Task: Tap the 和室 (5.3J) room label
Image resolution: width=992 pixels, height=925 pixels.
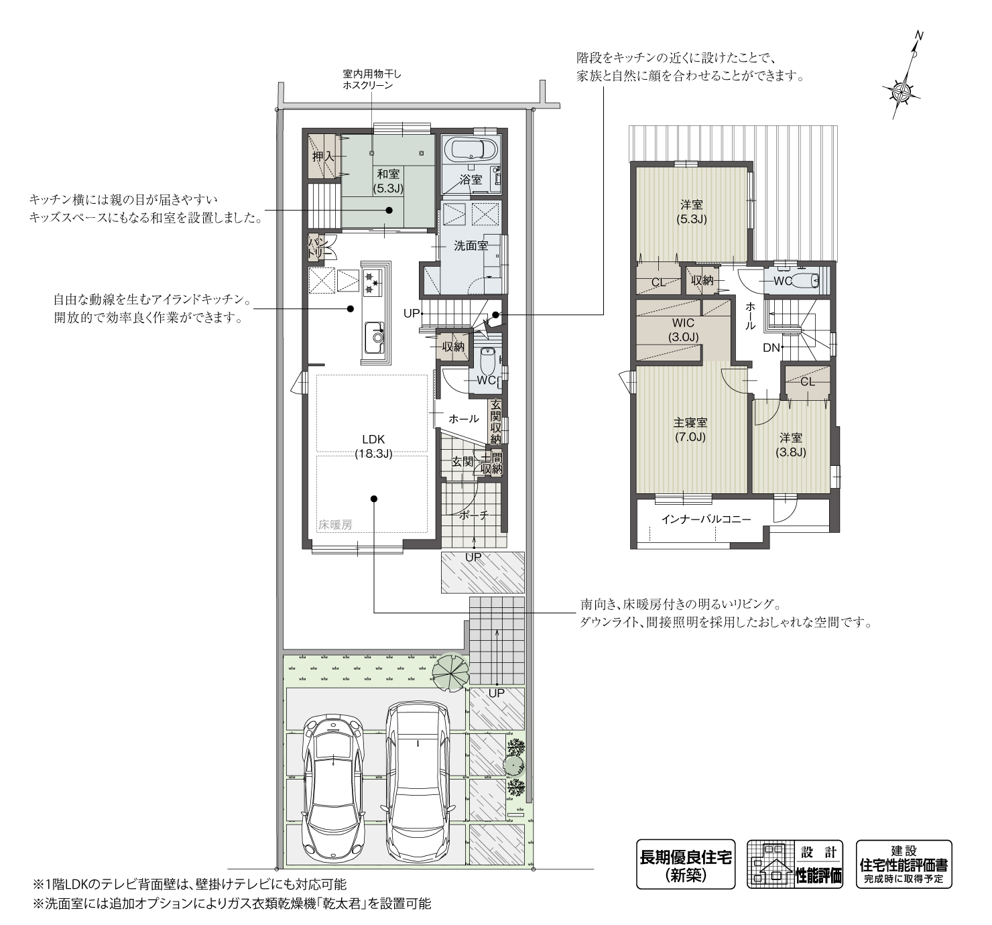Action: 388,181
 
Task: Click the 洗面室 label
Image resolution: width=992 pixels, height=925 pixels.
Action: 471,246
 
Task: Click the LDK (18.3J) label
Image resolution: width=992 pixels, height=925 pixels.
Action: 373,446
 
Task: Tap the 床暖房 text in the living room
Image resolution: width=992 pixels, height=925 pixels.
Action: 335,525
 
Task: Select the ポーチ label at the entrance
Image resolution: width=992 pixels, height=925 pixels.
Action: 473,515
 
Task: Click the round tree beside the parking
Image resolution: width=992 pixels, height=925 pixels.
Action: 450,672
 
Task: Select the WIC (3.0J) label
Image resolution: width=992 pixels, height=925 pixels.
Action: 683,330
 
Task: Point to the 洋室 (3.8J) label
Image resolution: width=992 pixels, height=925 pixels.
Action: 791,444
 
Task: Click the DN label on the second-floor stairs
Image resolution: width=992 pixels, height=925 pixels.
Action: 771,347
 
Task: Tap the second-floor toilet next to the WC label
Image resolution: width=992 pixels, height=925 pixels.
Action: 809,281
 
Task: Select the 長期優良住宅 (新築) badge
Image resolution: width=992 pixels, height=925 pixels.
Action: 686,864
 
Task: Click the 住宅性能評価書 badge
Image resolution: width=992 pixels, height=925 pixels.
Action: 904,864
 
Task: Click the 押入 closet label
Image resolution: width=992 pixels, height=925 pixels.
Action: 323,157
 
